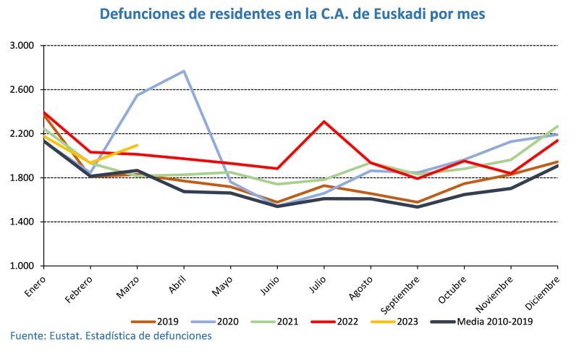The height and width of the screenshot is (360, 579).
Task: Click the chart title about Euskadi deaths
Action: (292, 14)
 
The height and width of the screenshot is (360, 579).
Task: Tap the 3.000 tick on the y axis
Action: (24, 46)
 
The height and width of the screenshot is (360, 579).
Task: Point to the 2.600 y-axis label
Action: (24, 90)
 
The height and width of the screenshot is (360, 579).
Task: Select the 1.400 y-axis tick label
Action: (24, 222)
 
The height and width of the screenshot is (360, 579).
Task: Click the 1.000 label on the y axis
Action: (24, 266)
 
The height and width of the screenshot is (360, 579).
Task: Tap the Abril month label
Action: (177, 281)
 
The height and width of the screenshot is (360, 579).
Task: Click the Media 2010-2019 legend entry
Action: (481, 321)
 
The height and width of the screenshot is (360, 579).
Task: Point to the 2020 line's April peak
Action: (184, 71)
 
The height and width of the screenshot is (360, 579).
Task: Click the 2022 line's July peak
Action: (324, 122)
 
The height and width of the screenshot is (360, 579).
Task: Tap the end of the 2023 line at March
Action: (137, 146)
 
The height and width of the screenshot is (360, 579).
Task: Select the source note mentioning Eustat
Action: (111, 336)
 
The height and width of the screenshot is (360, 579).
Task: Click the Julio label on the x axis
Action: (317, 280)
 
